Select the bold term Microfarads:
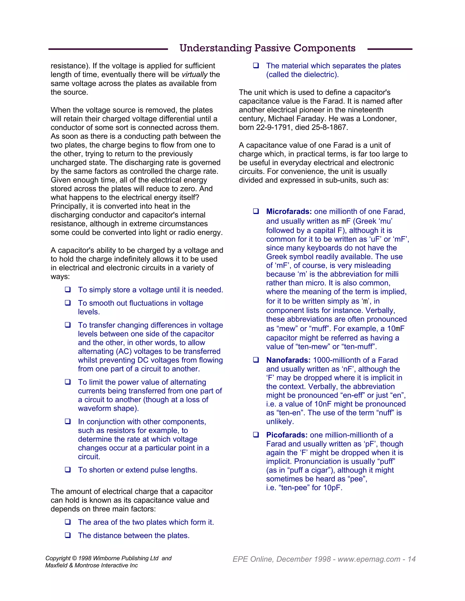(x=289, y=212)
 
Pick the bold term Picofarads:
(x=287, y=435)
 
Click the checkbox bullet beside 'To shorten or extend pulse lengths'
(x=68, y=469)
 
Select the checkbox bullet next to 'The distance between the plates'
(x=68, y=535)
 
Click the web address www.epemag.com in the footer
(x=369, y=559)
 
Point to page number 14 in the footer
(x=412, y=559)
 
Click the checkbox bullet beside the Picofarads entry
(x=256, y=435)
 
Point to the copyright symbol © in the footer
(x=74, y=558)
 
